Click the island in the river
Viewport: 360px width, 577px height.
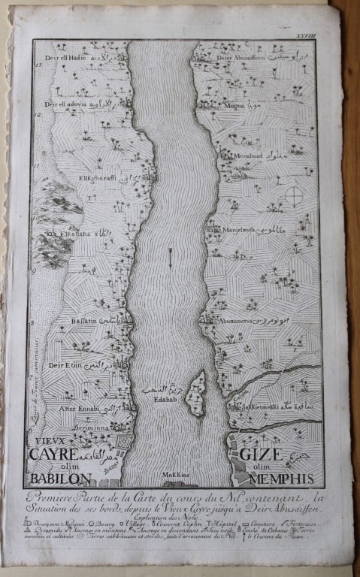click(x=197, y=394)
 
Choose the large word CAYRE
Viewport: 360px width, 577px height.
click(x=53, y=455)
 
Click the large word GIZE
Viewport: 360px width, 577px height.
click(x=261, y=455)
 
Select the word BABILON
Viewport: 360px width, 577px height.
click(x=59, y=479)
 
